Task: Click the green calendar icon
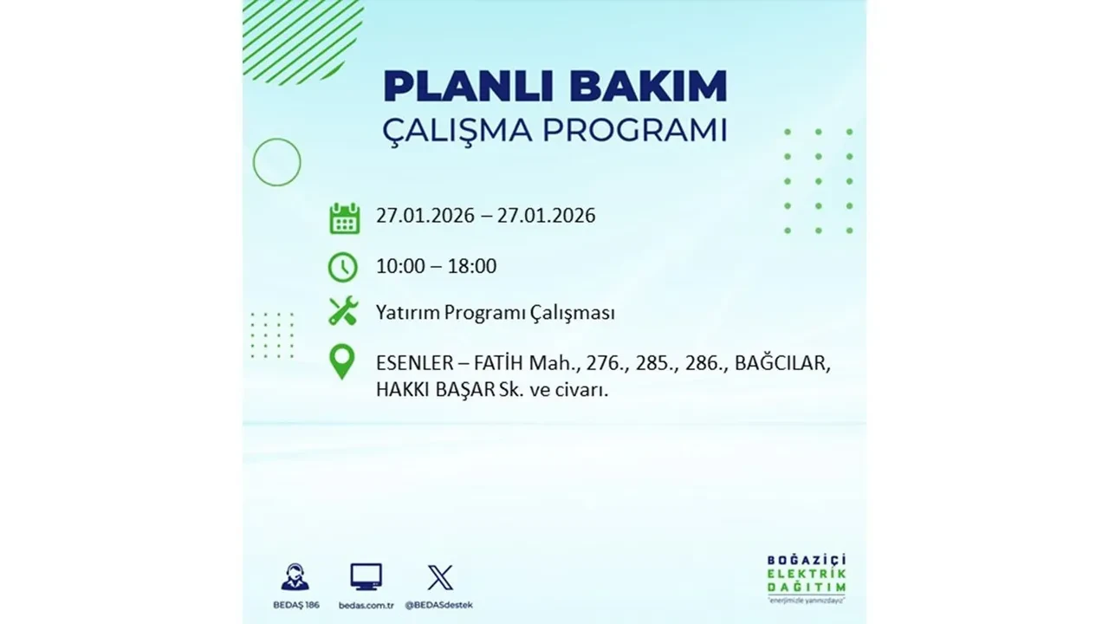pyautogui.click(x=344, y=218)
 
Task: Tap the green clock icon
pyautogui.click(x=343, y=267)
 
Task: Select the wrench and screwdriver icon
pyautogui.click(x=343, y=312)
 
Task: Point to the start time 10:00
pyautogui.click(x=400, y=266)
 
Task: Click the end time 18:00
pyautogui.click(x=472, y=266)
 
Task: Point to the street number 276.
pyautogui.click(x=606, y=363)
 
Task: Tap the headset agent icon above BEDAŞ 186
pyautogui.click(x=295, y=577)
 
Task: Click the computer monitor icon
pyautogui.click(x=366, y=577)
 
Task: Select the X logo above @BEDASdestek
pyautogui.click(x=440, y=577)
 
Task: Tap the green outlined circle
pyautogui.click(x=276, y=162)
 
